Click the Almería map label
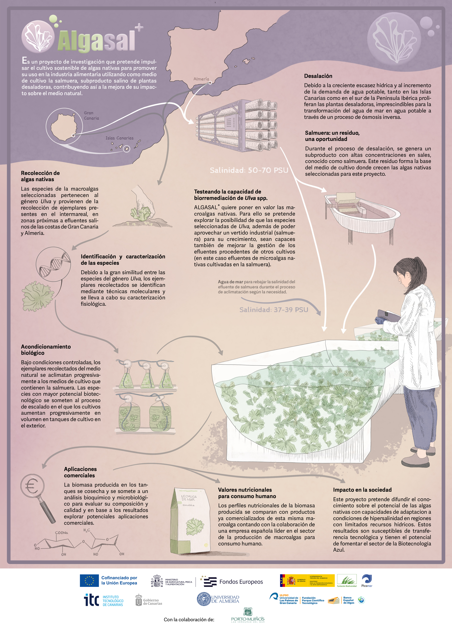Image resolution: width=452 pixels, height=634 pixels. [x=201, y=79]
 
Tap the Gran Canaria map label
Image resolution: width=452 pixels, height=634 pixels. [x=91, y=115]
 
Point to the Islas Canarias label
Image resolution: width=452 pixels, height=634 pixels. [x=119, y=138]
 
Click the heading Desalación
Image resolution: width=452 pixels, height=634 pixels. [x=318, y=76]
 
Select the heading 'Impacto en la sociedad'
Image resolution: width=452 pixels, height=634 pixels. [x=362, y=490]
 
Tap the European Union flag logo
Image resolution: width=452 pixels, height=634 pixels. [x=89, y=581]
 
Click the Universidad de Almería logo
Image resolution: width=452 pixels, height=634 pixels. [x=218, y=599]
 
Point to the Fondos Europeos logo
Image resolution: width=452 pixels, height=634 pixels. [x=233, y=582]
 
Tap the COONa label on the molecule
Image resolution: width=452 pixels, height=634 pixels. [x=61, y=533]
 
